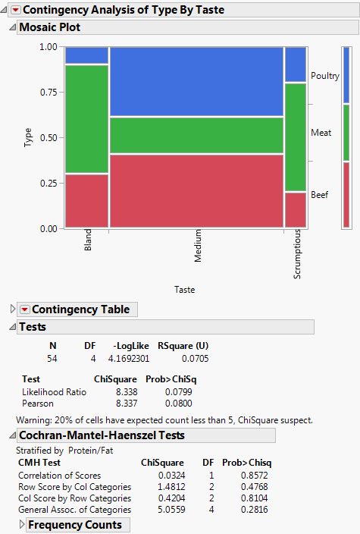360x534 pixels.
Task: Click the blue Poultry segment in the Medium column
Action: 196,81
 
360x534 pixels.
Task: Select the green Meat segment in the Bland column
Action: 86,119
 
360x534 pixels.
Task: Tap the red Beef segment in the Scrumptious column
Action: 295,209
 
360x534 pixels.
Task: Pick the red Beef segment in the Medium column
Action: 196,190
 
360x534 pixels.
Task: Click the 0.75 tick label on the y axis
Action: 48,92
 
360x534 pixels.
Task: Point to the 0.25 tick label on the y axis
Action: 48,183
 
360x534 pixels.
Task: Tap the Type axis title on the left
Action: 28,137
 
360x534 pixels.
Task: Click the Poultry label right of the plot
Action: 325,76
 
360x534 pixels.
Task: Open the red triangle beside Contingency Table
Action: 24,309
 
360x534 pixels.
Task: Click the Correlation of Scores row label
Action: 54,476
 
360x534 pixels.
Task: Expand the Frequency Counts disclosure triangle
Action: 21,525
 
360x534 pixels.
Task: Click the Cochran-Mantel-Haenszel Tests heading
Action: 101,435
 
